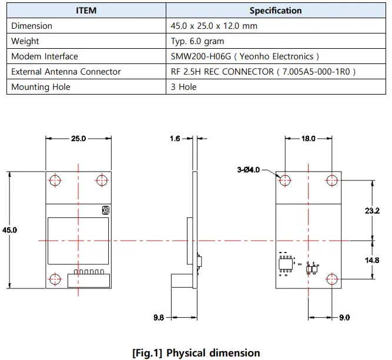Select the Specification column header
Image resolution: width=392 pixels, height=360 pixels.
click(275, 11)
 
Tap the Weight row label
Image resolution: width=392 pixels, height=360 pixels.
click(25, 41)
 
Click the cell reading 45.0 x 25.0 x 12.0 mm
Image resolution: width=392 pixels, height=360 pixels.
click(214, 26)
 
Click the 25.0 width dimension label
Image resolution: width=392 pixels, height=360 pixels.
click(78, 139)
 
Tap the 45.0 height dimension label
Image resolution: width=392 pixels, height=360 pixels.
click(11, 230)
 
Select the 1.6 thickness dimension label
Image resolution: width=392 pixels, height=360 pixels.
click(176, 139)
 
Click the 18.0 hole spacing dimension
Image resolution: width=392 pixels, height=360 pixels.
click(308, 139)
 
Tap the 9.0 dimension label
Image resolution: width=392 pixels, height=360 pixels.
click(344, 317)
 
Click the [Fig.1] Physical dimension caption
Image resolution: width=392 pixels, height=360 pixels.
click(196, 353)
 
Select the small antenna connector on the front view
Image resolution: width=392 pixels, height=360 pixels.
click(105, 210)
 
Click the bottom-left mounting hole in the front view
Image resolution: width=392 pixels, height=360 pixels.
click(55, 279)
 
